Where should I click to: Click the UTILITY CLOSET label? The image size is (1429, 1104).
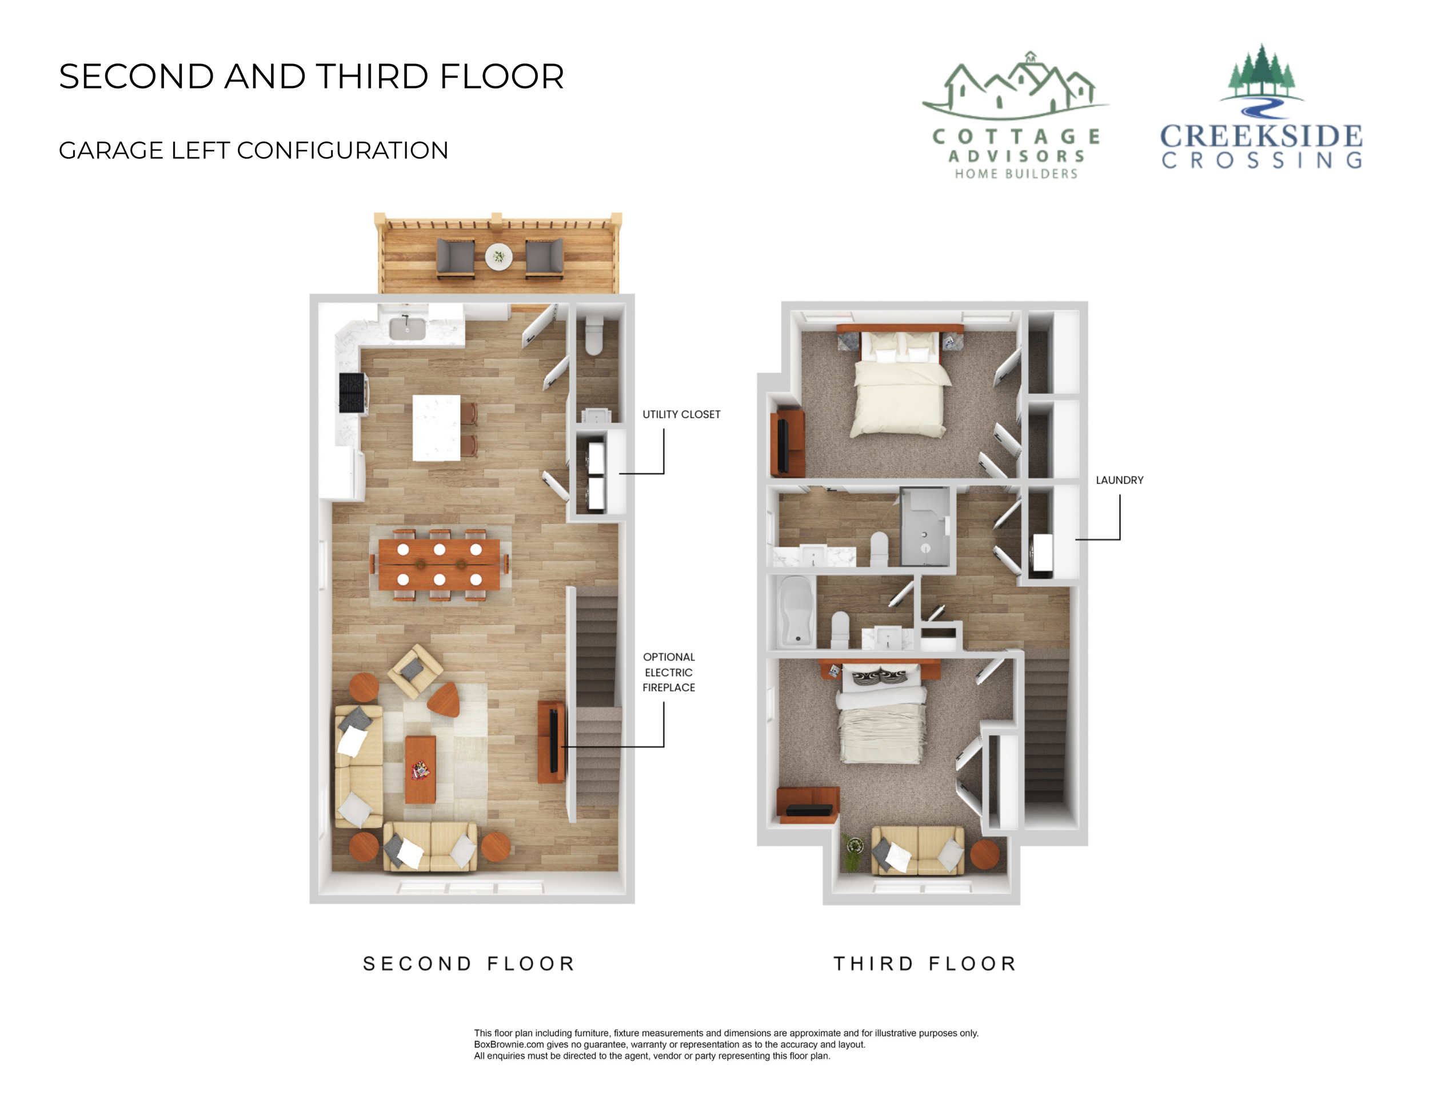point(681,415)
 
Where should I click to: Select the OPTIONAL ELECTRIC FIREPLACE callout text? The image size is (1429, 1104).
point(669,673)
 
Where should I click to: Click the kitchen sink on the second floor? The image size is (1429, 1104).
point(407,327)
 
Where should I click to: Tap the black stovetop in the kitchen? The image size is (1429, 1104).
point(352,393)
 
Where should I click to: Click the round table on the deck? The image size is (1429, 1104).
point(498,257)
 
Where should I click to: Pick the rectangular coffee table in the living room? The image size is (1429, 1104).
point(420,769)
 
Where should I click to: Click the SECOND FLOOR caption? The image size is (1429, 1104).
point(469,963)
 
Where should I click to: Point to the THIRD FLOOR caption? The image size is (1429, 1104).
point(924,963)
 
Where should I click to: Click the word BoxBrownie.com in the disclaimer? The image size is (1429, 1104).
point(508,1045)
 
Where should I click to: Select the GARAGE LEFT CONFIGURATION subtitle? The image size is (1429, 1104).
point(253,150)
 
